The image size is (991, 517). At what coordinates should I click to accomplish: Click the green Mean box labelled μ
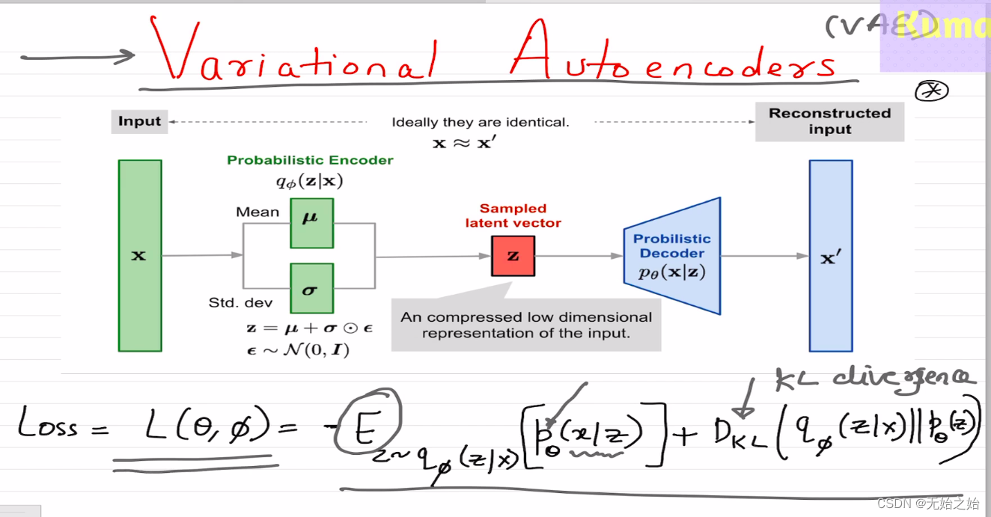pos(311,222)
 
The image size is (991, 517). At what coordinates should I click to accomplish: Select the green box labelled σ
pos(311,288)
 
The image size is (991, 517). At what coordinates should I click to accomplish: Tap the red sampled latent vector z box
pos(513,256)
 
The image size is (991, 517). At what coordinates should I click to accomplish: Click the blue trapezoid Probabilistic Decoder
pos(671,256)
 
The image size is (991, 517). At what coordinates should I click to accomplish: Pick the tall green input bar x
pos(140,256)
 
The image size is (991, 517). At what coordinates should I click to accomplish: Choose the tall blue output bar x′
pos(830,256)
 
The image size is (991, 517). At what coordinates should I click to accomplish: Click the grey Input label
pos(140,121)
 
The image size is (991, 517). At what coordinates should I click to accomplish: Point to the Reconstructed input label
pos(829,121)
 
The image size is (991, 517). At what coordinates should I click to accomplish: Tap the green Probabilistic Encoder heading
pos(310,160)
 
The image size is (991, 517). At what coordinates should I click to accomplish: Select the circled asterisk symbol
pos(931,91)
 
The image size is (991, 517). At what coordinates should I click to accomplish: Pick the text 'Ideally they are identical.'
pos(480,122)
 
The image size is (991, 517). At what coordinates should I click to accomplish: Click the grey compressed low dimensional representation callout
pos(526,325)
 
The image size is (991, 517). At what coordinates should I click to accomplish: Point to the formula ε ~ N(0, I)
pos(298,349)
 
